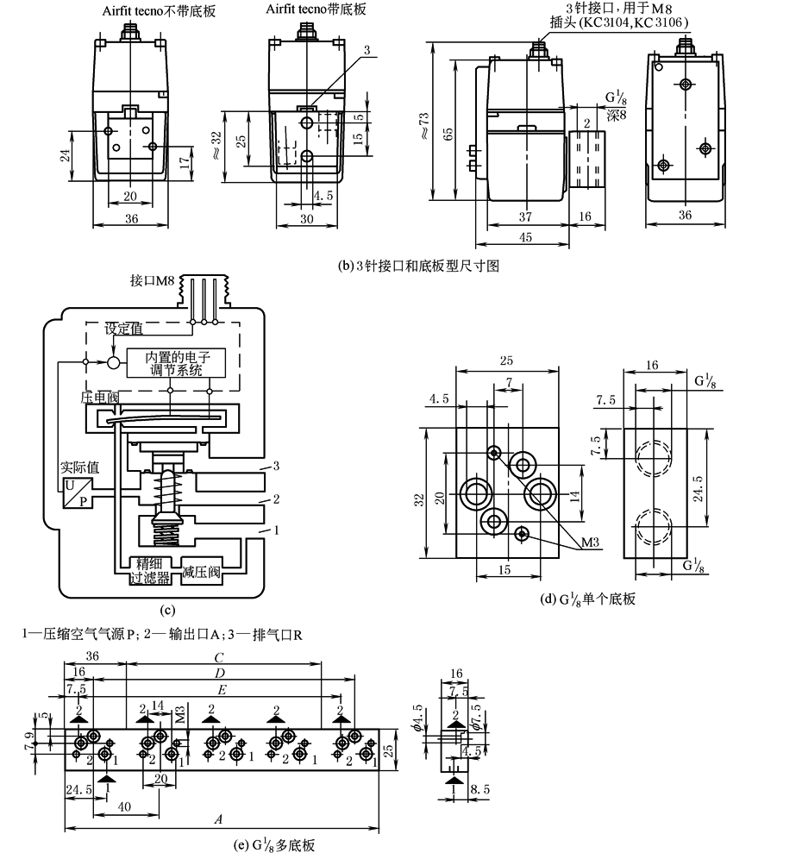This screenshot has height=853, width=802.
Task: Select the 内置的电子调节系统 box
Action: tap(178, 363)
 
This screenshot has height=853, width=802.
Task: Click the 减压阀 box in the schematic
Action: tap(203, 573)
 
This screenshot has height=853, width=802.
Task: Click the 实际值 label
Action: tap(79, 467)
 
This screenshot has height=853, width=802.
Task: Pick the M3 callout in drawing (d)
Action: tap(590, 543)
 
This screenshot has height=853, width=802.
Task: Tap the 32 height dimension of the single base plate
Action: tap(418, 499)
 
